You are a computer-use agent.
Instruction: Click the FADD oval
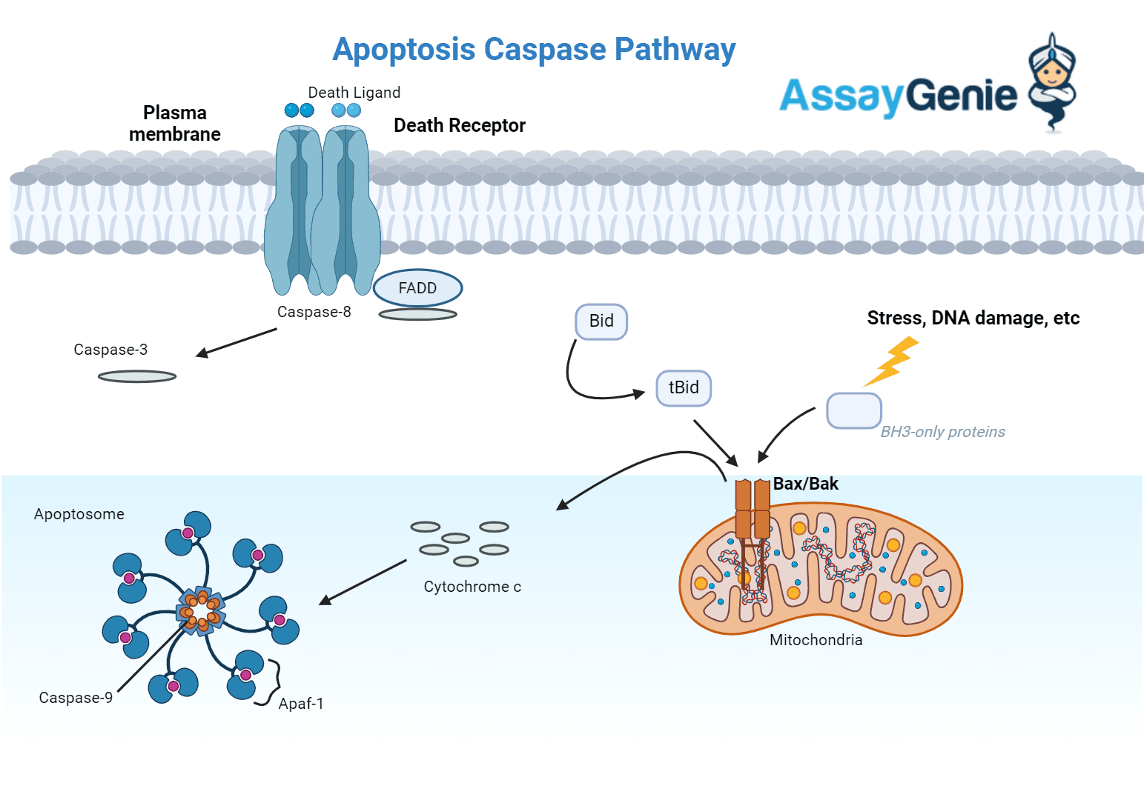(417, 288)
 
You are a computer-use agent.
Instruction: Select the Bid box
(601, 321)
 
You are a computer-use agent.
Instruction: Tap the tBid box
(684, 388)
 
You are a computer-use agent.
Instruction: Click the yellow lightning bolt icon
(893, 361)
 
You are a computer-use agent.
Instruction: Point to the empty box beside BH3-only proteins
(853, 410)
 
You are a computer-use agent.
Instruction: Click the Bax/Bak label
(805, 484)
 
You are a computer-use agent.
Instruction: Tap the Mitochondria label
(816, 640)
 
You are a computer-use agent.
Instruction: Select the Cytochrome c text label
(472, 587)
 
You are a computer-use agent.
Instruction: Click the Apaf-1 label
(300, 704)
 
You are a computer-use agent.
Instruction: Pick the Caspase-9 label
(76, 698)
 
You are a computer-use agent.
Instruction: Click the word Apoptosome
(79, 514)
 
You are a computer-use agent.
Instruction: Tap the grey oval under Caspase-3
(137, 376)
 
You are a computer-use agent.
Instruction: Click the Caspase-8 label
(314, 312)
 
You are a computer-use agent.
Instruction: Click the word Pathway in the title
(675, 50)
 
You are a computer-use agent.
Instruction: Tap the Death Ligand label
(354, 93)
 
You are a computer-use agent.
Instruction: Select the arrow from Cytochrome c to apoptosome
(363, 582)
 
